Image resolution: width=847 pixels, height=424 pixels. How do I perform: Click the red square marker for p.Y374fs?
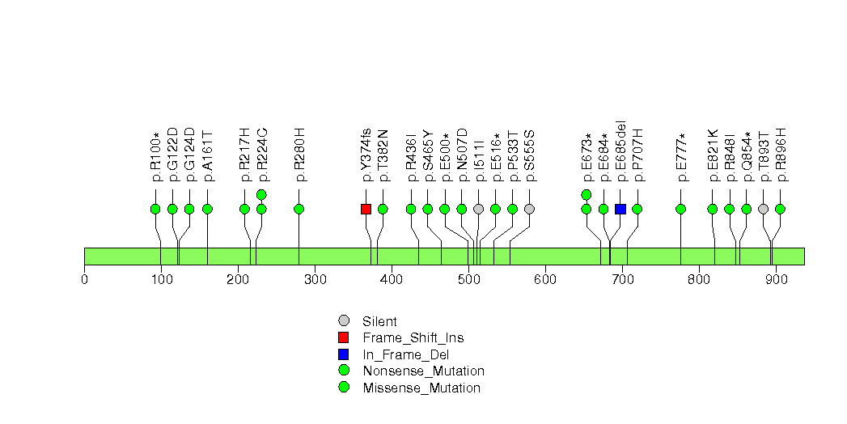pos(366,209)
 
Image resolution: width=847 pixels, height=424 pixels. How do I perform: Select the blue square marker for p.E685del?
pos(620,209)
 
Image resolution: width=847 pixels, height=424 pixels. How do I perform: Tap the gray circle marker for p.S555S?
pos(529,209)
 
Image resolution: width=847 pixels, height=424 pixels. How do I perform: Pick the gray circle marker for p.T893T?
pos(763,209)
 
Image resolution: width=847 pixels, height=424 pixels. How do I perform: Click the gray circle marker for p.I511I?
pos(478,209)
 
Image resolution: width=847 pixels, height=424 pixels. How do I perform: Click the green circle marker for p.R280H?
pos(299,209)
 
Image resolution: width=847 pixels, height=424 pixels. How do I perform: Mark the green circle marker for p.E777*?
pos(680,209)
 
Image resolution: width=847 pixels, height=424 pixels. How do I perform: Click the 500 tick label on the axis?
pos(468,280)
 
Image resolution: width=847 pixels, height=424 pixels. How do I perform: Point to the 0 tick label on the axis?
pos(84,280)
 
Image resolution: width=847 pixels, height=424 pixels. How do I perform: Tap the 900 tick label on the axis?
pos(776,280)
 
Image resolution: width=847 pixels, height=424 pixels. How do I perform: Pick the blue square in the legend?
pos(344,354)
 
